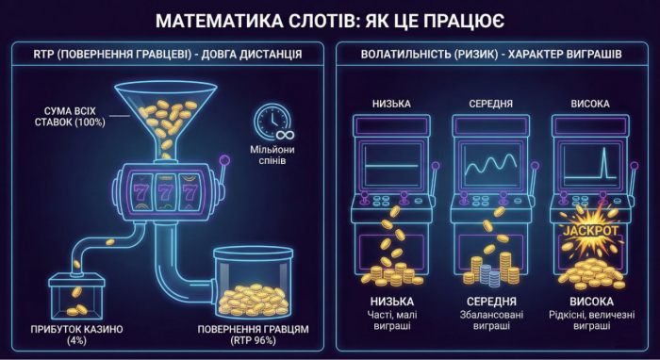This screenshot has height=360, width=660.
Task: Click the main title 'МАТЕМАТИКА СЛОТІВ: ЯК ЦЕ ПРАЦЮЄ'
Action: tap(330, 19)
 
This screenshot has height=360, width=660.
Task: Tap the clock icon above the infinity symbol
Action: tap(271, 120)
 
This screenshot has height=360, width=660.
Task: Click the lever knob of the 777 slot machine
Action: tap(223, 158)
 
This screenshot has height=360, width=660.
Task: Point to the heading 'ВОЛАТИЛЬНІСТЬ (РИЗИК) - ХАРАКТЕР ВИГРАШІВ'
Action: tap(490, 55)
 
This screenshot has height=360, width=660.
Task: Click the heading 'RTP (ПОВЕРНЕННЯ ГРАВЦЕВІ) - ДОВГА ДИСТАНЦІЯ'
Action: tap(167, 55)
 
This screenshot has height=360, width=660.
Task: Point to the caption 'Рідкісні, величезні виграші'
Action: tap(591, 320)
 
